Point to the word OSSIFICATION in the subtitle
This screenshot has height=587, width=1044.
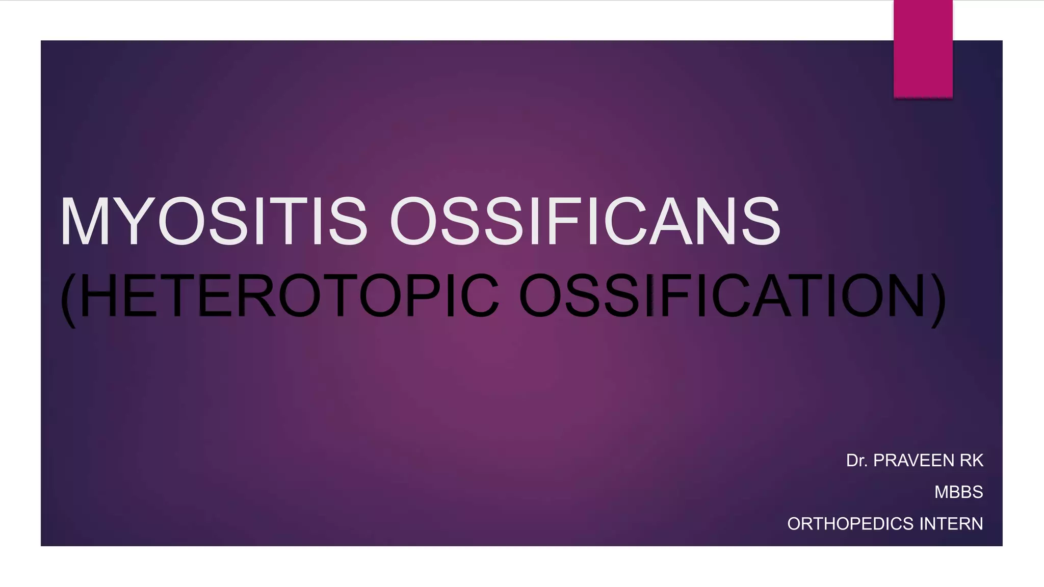point(722,296)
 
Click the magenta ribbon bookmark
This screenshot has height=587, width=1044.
point(923,49)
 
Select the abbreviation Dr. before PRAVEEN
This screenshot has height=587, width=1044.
point(857,461)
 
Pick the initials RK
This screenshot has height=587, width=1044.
point(972,461)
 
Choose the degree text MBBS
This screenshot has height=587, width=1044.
point(958,492)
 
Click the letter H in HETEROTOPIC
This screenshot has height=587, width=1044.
point(98,296)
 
